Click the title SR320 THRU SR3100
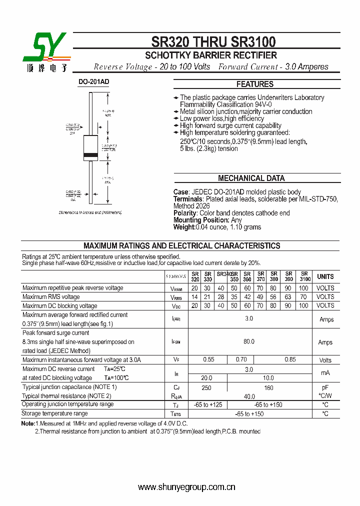[x=213, y=42]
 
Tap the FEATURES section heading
[x=255, y=84]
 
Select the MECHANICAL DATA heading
[x=251, y=178]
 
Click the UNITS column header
[x=325, y=276]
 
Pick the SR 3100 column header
[x=304, y=276]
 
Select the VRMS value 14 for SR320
[x=194, y=297]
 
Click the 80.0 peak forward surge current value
[x=249, y=341]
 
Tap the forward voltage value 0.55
[x=208, y=360]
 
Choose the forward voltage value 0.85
[x=290, y=360]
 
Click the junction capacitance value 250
[x=206, y=387]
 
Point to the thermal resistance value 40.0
[x=249, y=396]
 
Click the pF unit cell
[x=325, y=387]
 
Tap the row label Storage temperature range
[x=55, y=413]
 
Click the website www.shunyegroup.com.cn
[x=186, y=487]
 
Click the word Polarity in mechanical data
[x=184, y=213]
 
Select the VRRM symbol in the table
[x=177, y=288]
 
